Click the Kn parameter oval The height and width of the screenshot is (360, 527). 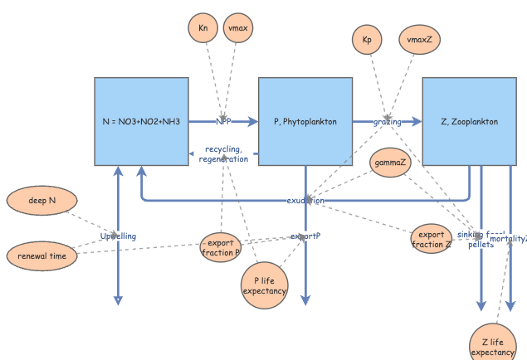203,29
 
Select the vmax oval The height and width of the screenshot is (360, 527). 237,29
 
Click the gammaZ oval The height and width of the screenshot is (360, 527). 390,162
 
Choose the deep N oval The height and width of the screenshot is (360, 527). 41,201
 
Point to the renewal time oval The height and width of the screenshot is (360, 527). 41,256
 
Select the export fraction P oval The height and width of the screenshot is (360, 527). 222,247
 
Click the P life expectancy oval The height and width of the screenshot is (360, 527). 265,285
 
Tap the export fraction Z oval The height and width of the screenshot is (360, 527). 432,239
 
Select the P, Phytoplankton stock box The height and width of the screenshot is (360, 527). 305,121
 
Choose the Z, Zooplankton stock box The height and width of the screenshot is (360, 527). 470,121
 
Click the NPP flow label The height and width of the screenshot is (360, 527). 223,121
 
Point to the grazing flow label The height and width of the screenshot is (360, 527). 387,122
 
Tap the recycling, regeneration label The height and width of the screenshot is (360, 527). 223,154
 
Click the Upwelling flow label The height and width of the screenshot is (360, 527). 118,236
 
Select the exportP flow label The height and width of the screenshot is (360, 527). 305,236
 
